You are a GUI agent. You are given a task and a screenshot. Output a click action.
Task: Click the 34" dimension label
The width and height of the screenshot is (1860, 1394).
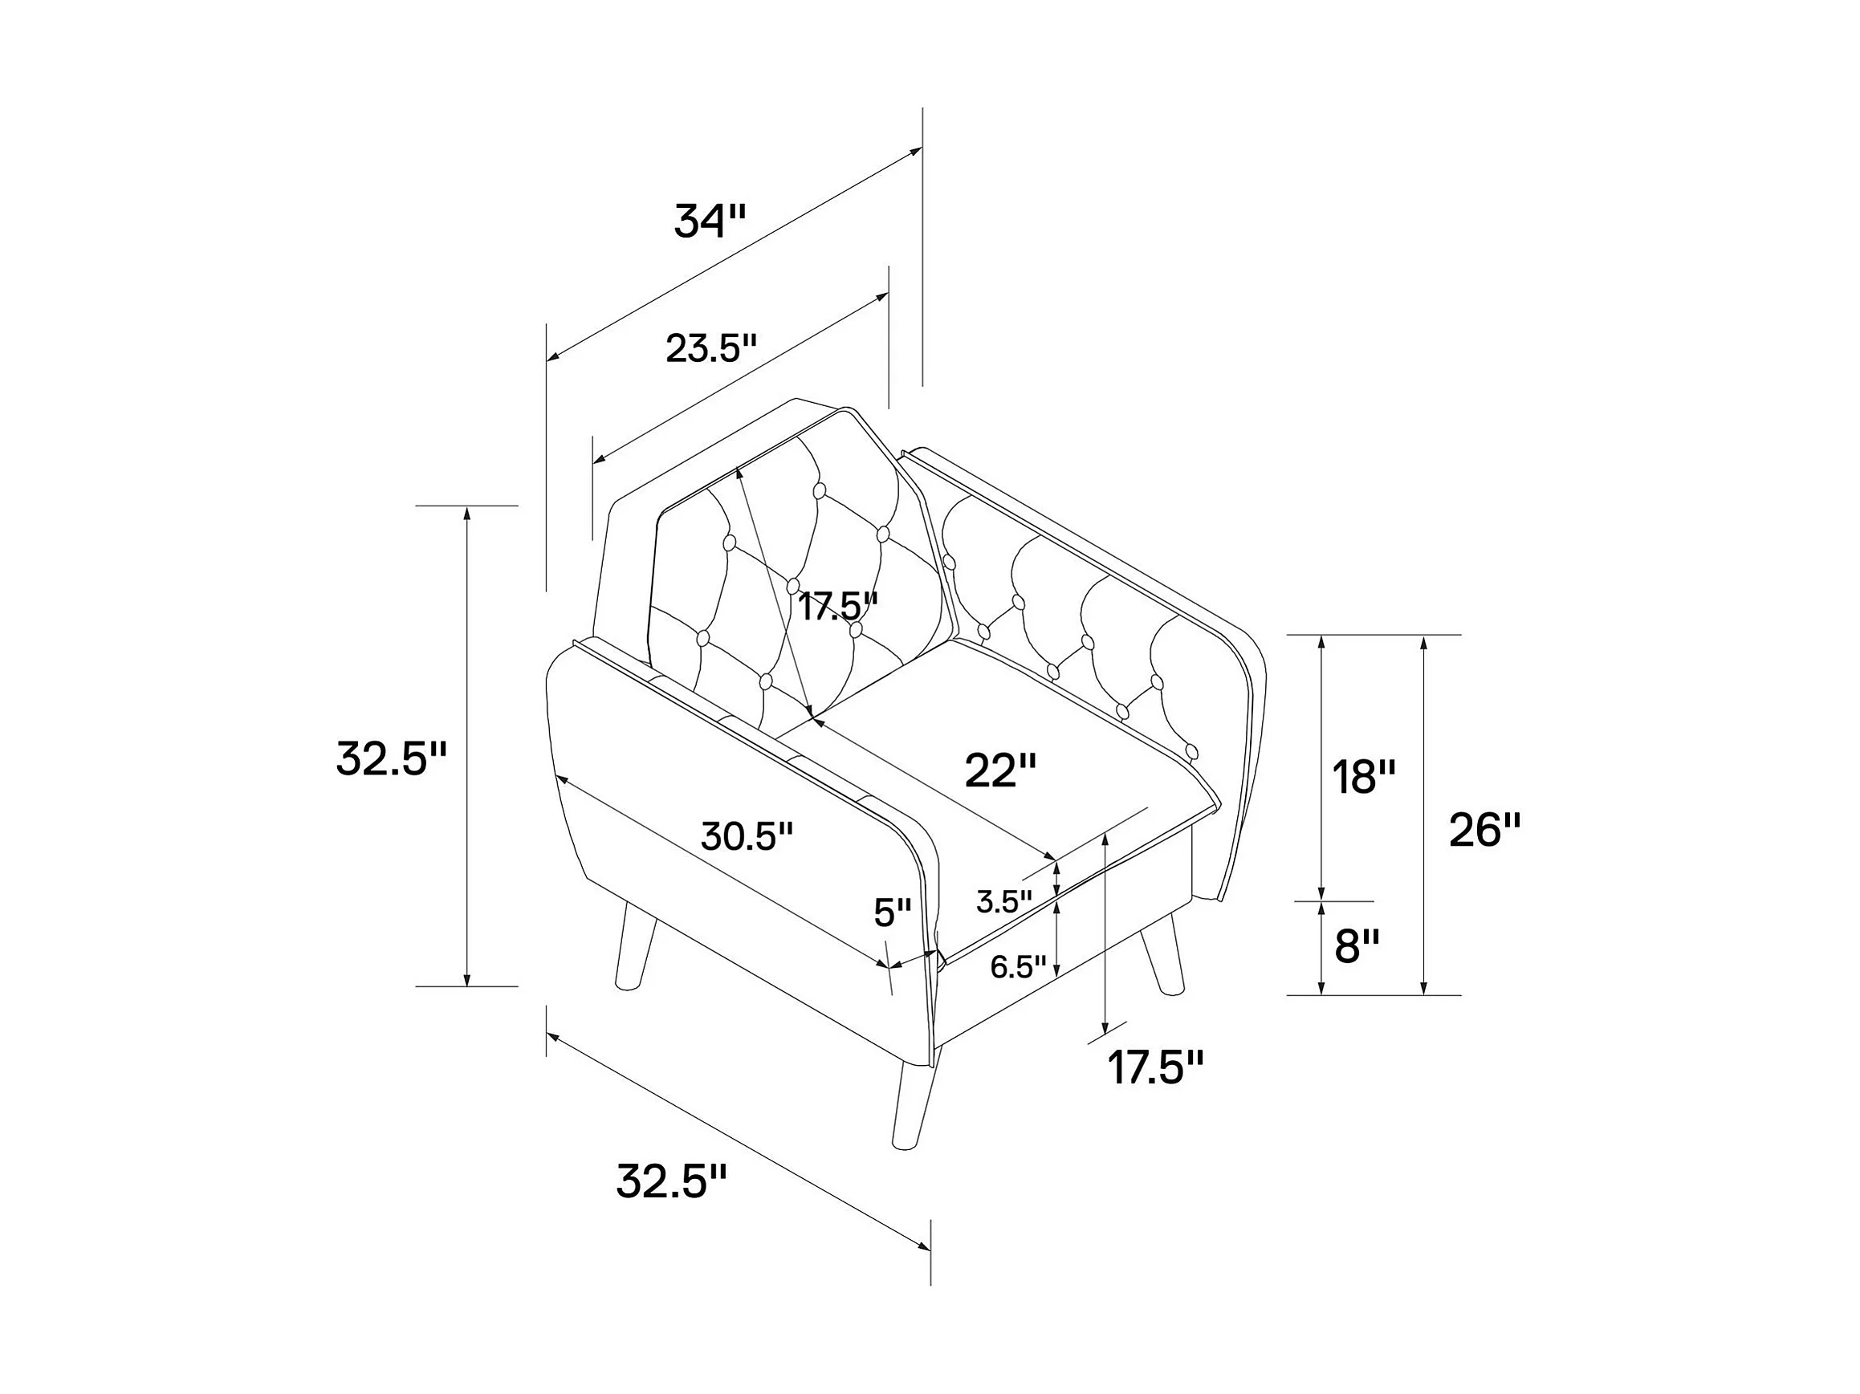tap(710, 221)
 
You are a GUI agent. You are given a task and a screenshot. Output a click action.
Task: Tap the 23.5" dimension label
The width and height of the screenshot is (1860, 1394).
tap(711, 348)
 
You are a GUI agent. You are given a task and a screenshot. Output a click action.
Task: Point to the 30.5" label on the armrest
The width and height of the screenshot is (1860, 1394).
tap(747, 836)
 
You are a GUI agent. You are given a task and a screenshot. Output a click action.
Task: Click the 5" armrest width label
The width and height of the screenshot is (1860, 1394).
tap(892, 913)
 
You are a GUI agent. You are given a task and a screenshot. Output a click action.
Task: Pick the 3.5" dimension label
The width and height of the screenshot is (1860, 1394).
tap(1004, 902)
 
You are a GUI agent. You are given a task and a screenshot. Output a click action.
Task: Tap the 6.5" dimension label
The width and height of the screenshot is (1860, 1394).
tap(1018, 968)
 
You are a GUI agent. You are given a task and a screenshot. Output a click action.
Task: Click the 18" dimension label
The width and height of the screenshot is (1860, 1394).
tap(1364, 778)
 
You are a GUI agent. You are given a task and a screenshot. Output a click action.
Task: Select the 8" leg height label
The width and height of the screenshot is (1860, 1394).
tap(1357, 948)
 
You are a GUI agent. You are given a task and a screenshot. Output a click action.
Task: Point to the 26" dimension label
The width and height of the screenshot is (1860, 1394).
tap(1485, 831)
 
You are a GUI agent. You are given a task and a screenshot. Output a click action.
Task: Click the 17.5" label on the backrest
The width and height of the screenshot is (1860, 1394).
tap(837, 606)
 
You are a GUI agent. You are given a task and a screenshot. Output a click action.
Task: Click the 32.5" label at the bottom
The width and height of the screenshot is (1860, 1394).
tap(671, 1182)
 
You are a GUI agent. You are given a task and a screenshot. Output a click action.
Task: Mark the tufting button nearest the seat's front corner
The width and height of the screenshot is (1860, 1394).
tap(1191, 751)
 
